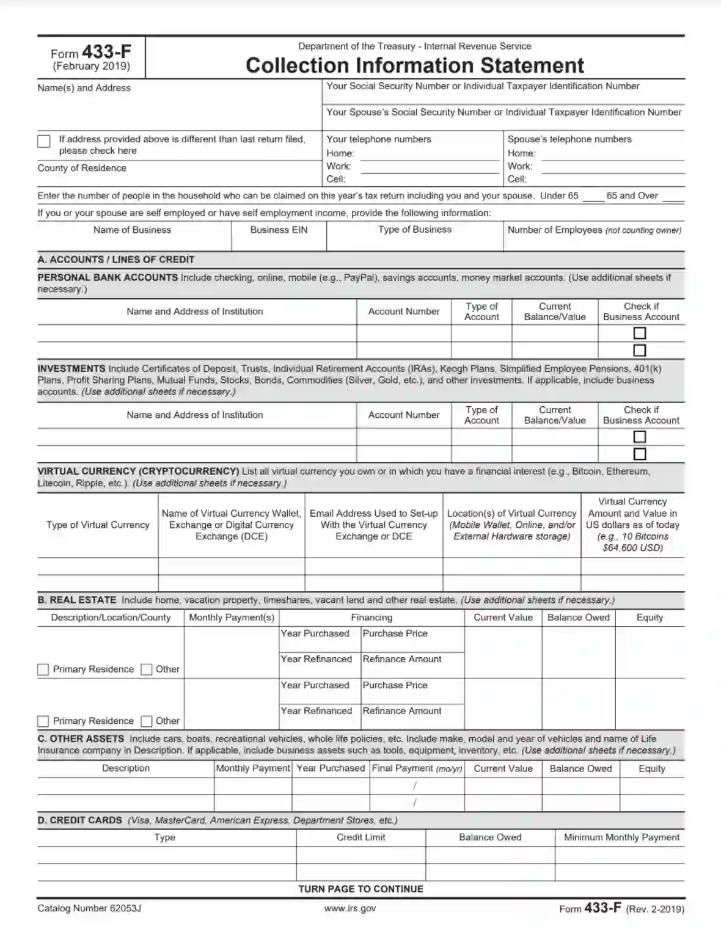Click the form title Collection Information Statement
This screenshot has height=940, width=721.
(x=415, y=65)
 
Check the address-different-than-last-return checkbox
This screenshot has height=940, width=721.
(x=44, y=142)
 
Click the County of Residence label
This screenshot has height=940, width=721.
(x=82, y=168)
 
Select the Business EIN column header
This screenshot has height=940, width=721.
(x=279, y=230)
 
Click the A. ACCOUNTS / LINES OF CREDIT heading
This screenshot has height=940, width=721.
(x=116, y=260)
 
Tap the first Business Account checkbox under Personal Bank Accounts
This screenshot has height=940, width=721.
(x=640, y=333)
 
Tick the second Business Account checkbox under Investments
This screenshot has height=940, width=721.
(x=640, y=454)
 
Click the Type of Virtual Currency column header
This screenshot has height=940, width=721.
(x=98, y=525)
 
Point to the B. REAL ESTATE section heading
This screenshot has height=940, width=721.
(x=77, y=600)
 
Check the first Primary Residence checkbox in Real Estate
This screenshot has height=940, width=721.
(x=43, y=669)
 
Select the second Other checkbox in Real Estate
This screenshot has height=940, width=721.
(x=147, y=721)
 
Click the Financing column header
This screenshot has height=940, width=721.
(x=371, y=618)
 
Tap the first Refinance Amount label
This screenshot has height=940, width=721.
(x=402, y=659)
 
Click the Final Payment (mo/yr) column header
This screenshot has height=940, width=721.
(x=417, y=768)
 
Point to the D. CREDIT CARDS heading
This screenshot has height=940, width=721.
(x=80, y=820)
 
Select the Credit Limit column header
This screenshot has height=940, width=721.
(x=360, y=837)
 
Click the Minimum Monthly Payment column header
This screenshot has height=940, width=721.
(x=621, y=837)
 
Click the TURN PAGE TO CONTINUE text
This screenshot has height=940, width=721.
(x=360, y=889)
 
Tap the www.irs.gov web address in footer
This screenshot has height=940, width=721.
(x=350, y=908)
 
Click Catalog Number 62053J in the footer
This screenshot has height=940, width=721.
(x=89, y=908)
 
